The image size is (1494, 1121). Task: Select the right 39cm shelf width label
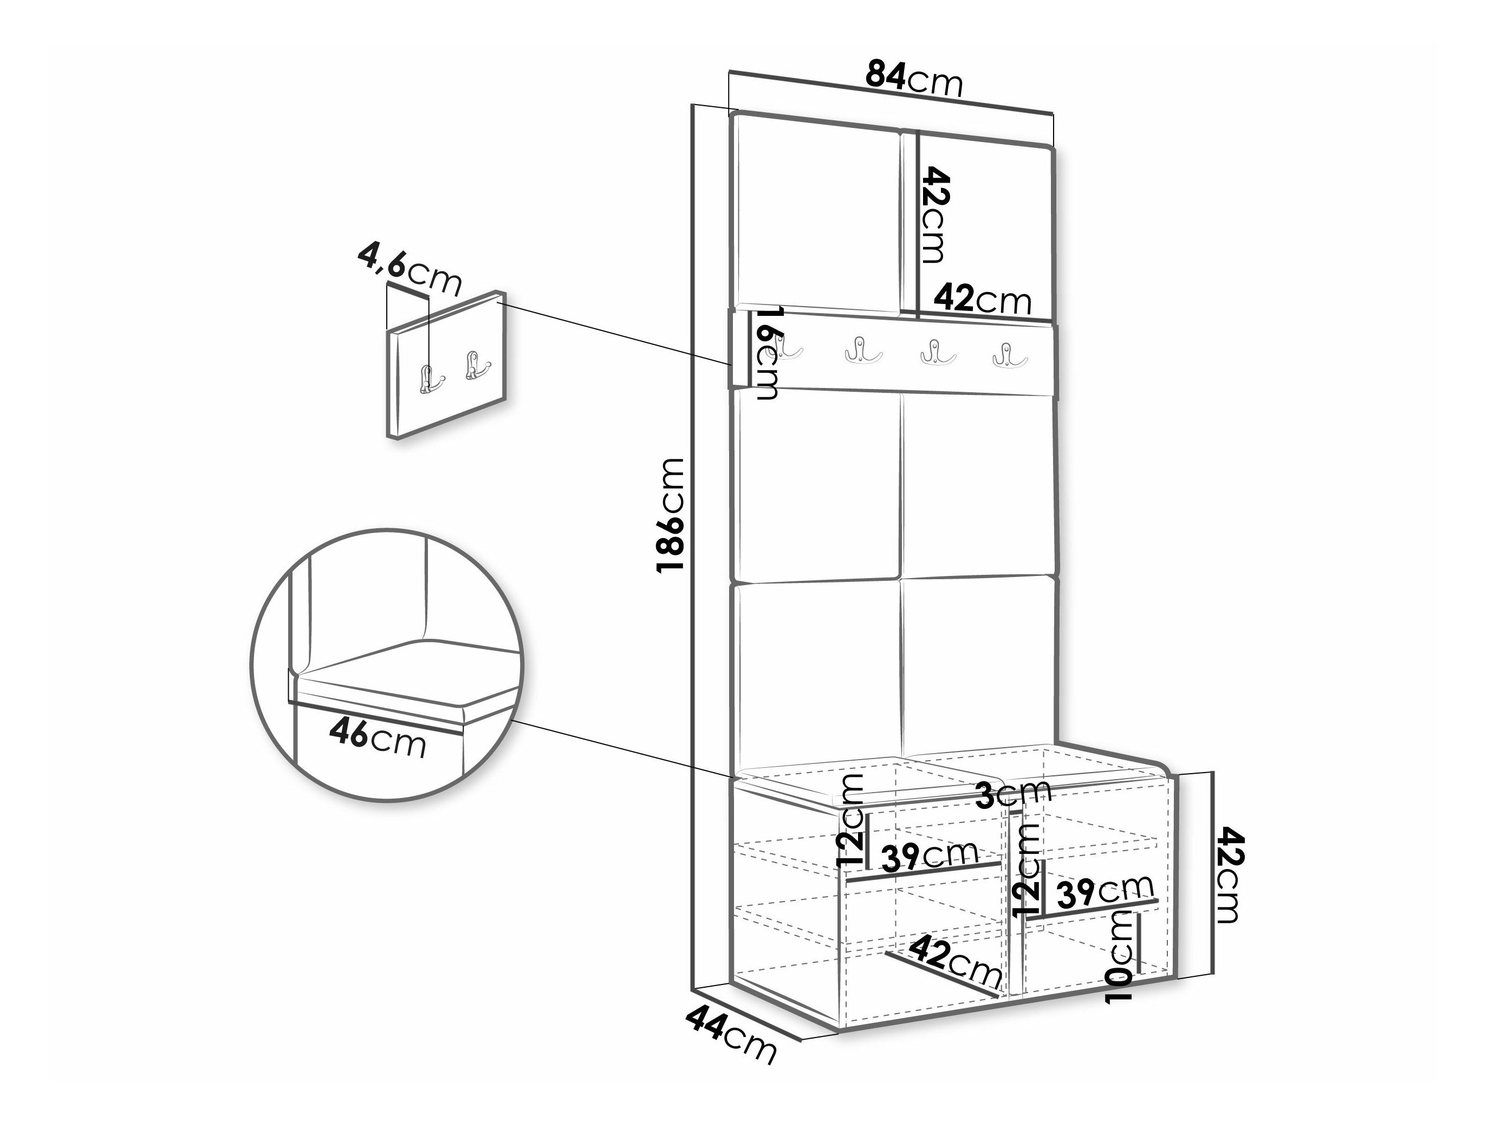tap(1106, 892)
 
